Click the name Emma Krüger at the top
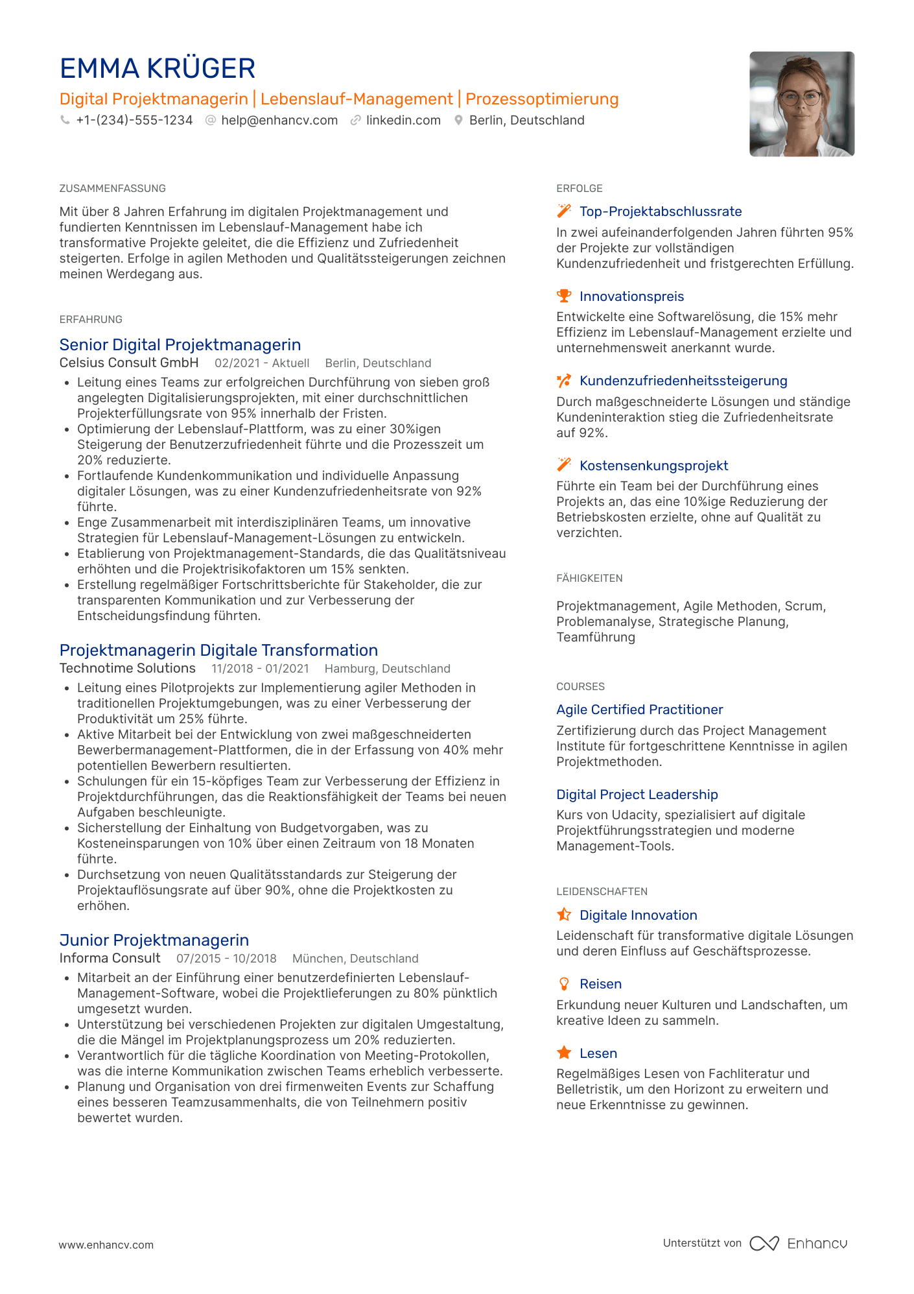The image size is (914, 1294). click(158, 69)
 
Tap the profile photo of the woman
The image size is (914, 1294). click(801, 104)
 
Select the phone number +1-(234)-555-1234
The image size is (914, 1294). click(134, 121)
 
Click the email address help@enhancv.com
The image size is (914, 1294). click(279, 121)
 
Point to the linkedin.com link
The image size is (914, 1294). click(403, 121)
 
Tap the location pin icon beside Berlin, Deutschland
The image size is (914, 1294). click(458, 121)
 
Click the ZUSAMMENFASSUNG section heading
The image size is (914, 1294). click(112, 189)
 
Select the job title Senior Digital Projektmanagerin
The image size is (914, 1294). click(180, 344)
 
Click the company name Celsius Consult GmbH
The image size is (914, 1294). click(129, 363)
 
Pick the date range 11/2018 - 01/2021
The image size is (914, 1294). click(260, 669)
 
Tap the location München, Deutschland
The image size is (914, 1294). click(355, 959)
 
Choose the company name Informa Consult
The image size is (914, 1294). click(110, 958)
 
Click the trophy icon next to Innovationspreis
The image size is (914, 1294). click(564, 296)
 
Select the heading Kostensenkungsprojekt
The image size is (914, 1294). click(653, 466)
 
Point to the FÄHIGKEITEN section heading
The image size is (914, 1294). click(589, 579)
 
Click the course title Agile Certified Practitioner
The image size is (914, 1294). click(639, 710)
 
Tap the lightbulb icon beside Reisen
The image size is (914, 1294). click(564, 984)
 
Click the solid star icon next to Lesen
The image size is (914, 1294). click(564, 1053)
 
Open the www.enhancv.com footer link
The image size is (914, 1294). click(106, 1245)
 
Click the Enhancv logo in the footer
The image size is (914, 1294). click(799, 1243)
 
